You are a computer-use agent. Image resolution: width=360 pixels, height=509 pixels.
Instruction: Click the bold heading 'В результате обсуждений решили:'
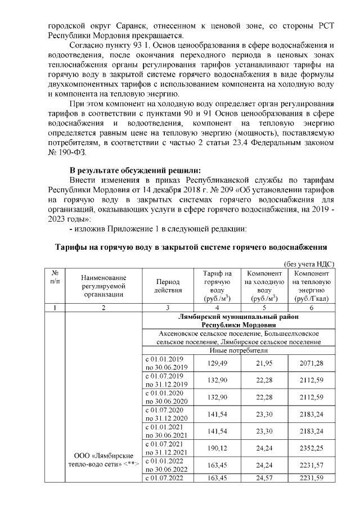point(135,170)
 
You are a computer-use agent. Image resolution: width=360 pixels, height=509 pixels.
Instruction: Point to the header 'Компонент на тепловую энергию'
point(311,286)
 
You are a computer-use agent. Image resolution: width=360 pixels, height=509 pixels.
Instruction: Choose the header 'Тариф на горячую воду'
point(217,286)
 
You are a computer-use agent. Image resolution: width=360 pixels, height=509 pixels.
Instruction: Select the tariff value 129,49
point(217,363)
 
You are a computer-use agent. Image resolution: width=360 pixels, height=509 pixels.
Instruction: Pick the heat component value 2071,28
point(311,363)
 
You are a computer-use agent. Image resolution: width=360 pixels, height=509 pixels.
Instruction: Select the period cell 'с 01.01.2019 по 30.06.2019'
point(166,363)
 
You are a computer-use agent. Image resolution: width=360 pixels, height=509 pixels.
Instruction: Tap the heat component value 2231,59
point(311,478)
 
